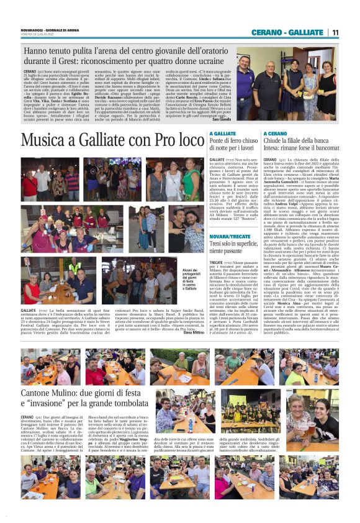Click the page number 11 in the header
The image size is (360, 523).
pyautogui.click(x=335, y=32)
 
